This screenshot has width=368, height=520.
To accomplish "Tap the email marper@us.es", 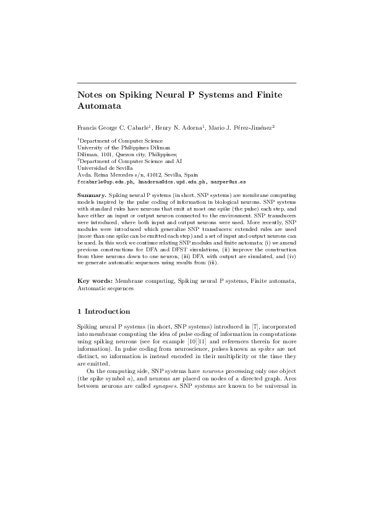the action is (228, 182).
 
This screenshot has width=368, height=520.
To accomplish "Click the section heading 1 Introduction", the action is (104, 311).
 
